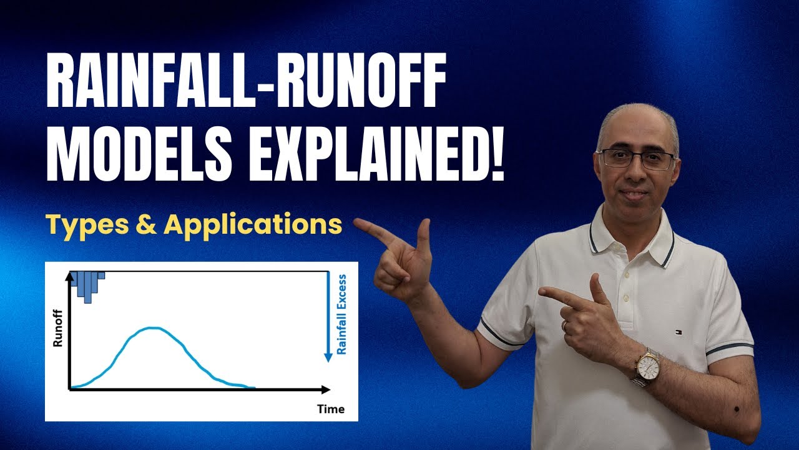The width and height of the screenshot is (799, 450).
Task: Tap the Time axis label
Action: tap(330, 409)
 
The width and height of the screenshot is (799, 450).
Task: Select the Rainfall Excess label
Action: tap(341, 314)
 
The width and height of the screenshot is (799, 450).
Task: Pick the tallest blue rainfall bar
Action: tap(87, 287)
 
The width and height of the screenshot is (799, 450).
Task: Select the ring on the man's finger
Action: tap(565, 326)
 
